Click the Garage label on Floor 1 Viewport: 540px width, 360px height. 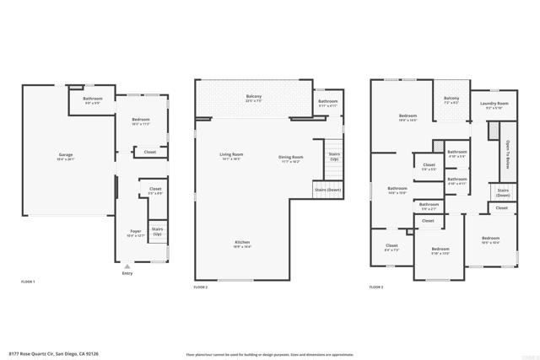(x=65, y=156)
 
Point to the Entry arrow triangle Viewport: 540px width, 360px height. (x=127, y=266)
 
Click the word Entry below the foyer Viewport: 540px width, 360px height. (x=127, y=273)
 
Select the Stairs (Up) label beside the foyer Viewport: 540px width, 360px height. (x=157, y=230)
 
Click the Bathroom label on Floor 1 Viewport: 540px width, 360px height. (x=93, y=99)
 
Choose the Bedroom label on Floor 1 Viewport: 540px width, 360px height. (x=141, y=121)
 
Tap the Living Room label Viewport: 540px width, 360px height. (x=232, y=156)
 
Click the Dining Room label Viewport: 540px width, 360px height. (x=291, y=158)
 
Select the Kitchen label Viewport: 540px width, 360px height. (x=242, y=244)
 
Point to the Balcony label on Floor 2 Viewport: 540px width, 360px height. (x=253, y=98)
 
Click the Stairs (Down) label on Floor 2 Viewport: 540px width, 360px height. (x=328, y=191)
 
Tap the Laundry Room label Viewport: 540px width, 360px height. (x=494, y=105)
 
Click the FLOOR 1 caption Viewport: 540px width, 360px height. (x=28, y=281)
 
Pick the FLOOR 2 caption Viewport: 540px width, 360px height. (x=200, y=287)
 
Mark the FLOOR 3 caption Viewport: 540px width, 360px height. (x=376, y=287)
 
